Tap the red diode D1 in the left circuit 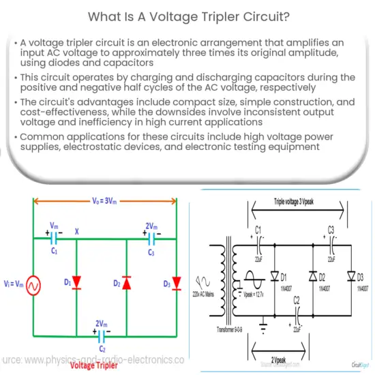pyautogui.click(x=75, y=282)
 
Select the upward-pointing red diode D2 pyautogui.click(x=127, y=282)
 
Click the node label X pyautogui.click(x=76, y=232)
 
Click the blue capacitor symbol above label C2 pyautogui.click(x=103, y=335)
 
